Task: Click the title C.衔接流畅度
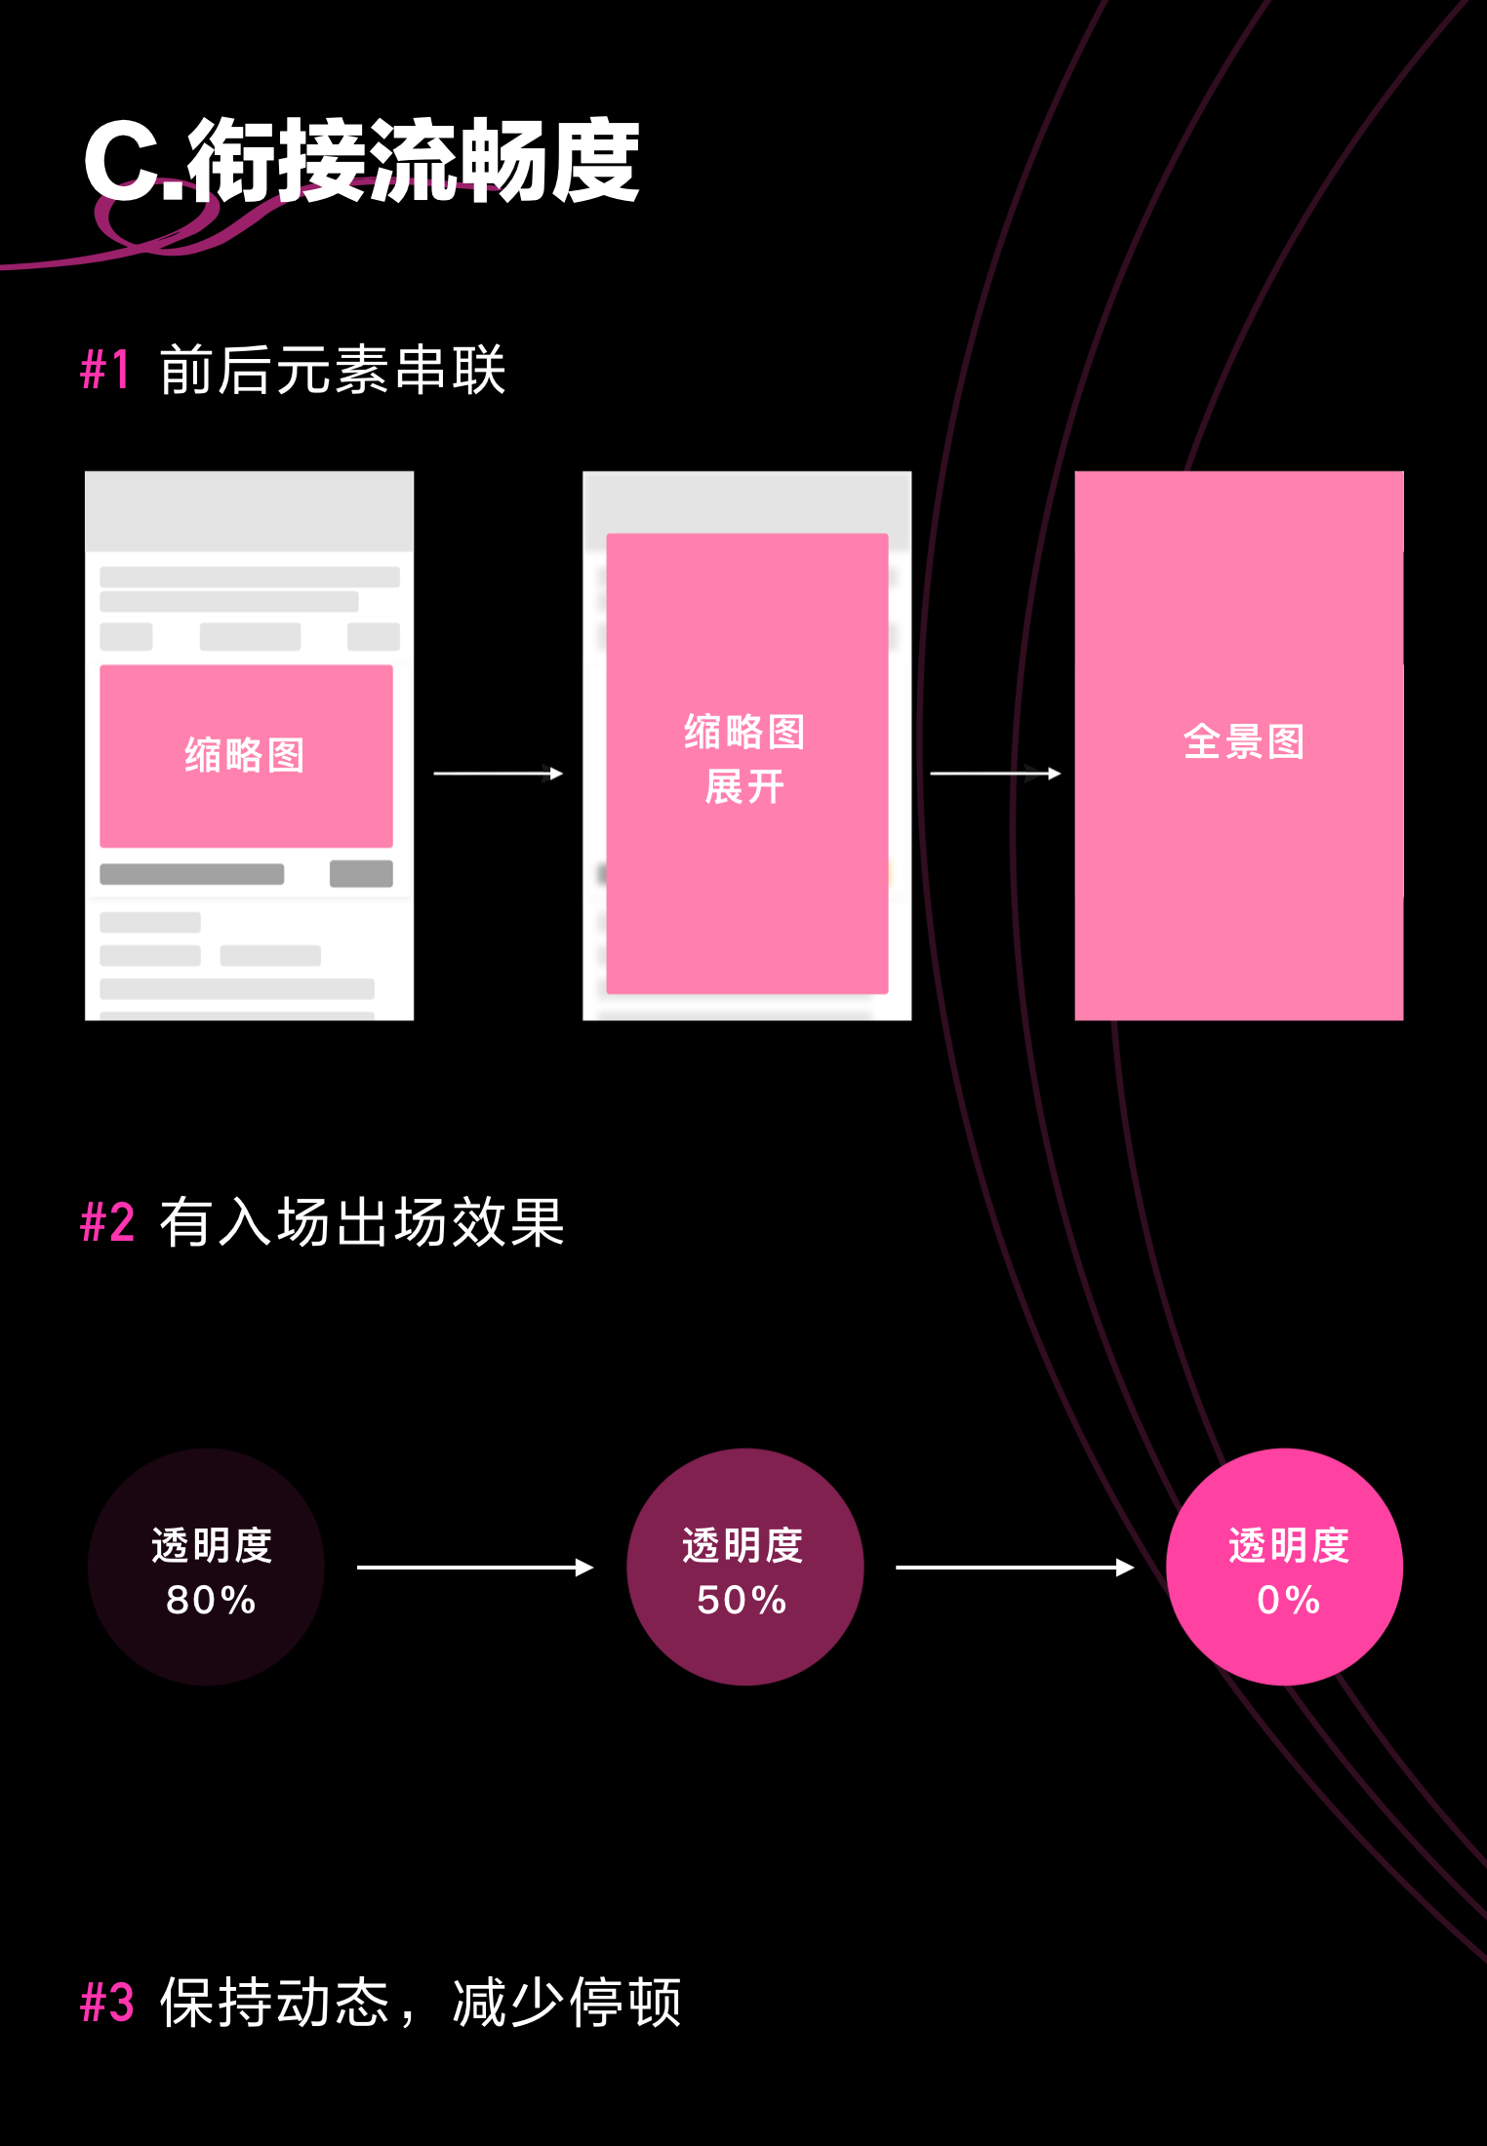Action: (361, 160)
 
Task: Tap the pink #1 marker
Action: (105, 370)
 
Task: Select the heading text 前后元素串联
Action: (333, 370)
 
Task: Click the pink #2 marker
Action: (107, 1221)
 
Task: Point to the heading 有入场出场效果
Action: (362, 1221)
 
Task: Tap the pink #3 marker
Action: (107, 2002)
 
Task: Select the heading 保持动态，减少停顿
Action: (421, 2003)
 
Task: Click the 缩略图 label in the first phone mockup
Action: (245, 755)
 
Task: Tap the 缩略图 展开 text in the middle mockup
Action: (745, 759)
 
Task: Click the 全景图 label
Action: (1244, 741)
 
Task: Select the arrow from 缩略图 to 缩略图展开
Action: (499, 774)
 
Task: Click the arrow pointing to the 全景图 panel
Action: (995, 774)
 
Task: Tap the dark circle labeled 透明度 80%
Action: (207, 1567)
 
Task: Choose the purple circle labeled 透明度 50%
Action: (745, 1567)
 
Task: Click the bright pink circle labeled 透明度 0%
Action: (1285, 1567)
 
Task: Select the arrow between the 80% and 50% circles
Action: (475, 1568)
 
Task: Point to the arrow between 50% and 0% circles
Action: (1015, 1568)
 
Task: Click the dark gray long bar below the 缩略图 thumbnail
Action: (192, 874)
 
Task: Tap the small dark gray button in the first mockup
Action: (361, 874)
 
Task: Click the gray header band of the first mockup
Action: (249, 511)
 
